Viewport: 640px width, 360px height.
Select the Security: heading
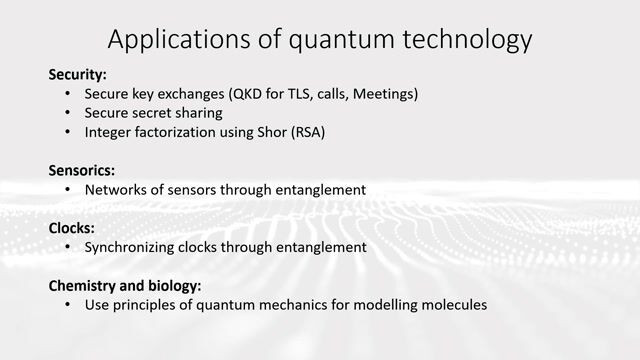tap(78, 74)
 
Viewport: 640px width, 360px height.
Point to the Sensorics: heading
tap(82, 170)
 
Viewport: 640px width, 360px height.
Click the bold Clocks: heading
tap(72, 227)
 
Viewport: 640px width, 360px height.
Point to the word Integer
tap(109, 132)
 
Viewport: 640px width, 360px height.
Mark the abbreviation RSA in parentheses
tap(309, 132)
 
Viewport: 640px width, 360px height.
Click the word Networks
tap(115, 189)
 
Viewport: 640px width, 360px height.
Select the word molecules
tap(452, 304)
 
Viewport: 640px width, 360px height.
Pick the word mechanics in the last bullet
tap(306, 304)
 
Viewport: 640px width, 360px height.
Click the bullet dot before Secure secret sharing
tap(67, 113)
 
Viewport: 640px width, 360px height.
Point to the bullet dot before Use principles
tap(67, 304)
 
